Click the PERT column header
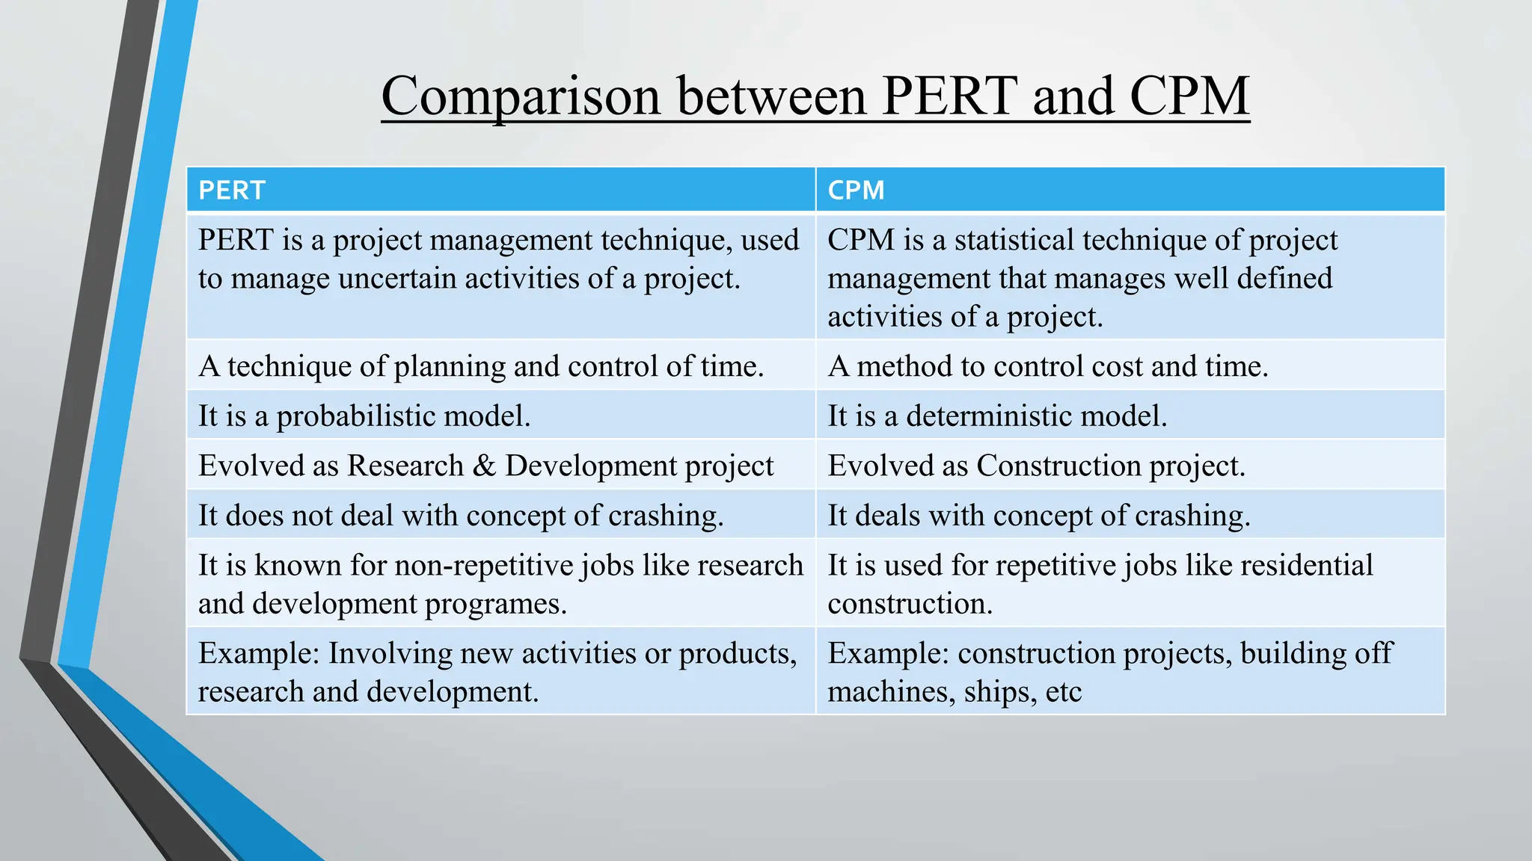pos(232,190)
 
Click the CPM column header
pos(856,190)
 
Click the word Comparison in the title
pos(521,96)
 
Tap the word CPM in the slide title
pos(1189,96)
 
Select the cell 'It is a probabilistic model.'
pos(364,416)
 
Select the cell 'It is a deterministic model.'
pos(997,416)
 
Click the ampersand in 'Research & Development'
pos(485,466)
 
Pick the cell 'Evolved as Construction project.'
pos(1036,466)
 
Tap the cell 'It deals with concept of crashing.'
pos(1038,516)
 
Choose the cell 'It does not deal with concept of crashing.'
pos(461,516)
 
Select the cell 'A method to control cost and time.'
pos(1047,366)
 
